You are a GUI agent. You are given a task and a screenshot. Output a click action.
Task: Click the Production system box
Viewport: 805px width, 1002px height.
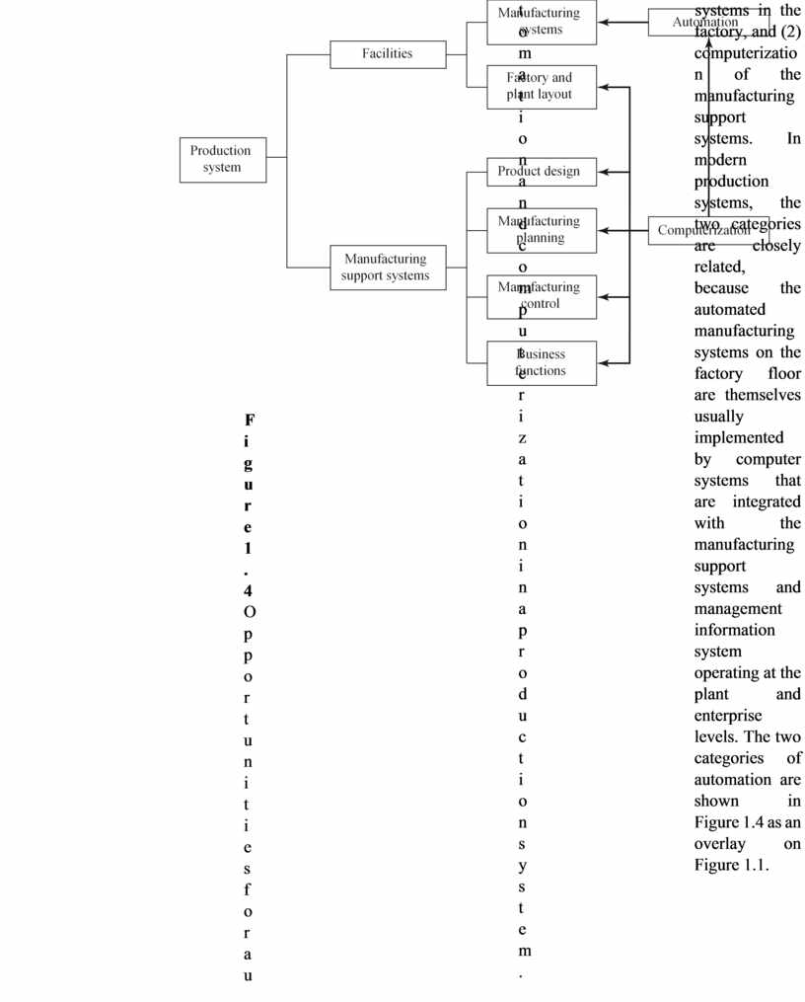(222, 159)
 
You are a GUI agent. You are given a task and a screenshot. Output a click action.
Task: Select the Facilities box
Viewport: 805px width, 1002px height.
(387, 53)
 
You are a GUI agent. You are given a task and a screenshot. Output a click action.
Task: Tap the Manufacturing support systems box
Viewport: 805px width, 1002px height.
(387, 268)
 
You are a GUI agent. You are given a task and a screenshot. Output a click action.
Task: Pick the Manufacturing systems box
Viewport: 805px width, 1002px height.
(541, 22)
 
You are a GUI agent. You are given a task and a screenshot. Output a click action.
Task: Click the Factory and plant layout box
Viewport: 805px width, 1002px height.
(541, 87)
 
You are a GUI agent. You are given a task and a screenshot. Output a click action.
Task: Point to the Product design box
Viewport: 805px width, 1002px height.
(541, 172)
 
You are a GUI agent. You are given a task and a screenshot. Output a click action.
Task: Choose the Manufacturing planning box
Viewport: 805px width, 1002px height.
(541, 230)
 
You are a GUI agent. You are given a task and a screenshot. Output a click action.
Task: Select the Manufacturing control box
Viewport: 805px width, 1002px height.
(541, 296)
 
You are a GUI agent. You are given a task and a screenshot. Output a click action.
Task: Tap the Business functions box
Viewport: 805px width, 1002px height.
(541, 362)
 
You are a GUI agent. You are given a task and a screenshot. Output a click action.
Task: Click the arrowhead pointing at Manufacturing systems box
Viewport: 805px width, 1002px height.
(604, 22)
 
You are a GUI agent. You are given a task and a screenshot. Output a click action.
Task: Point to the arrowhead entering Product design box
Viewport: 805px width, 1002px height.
(604, 172)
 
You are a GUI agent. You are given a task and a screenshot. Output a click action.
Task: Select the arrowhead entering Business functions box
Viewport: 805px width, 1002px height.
(604, 363)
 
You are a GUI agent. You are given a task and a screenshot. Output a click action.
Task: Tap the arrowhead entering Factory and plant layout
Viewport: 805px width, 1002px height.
(604, 87)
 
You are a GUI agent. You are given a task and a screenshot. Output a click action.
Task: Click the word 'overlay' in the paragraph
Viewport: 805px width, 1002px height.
(719, 844)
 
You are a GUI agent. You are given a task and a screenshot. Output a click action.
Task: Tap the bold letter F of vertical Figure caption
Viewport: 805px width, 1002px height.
(249, 420)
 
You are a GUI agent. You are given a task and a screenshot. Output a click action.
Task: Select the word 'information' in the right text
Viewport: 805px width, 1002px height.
(734, 630)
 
